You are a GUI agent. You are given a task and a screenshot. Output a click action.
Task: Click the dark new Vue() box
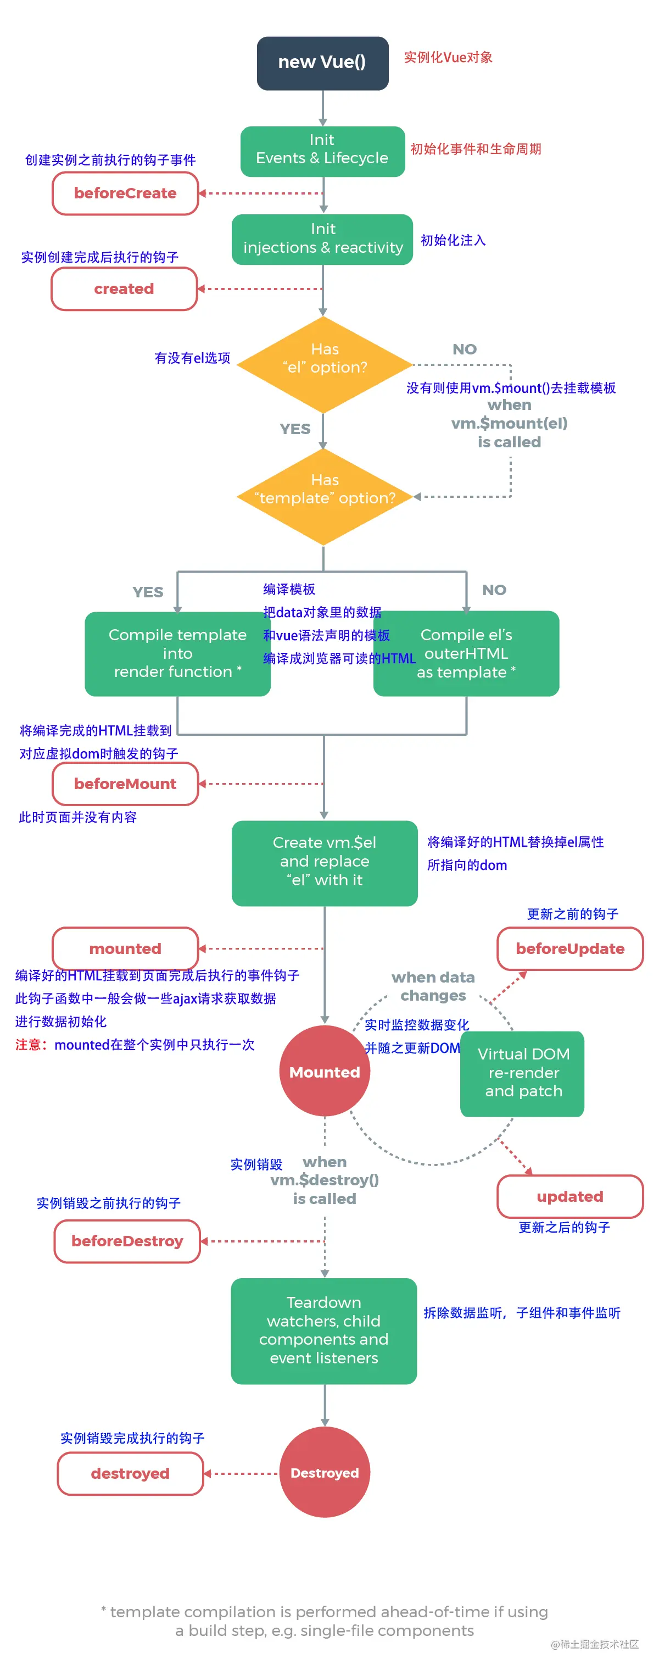[322, 63]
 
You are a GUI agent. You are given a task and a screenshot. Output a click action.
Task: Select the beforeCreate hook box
[125, 193]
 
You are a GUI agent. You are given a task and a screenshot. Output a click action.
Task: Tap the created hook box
[124, 288]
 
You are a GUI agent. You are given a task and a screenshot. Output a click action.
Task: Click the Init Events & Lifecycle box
[322, 151]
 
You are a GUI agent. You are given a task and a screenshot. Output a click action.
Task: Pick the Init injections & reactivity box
[322, 238]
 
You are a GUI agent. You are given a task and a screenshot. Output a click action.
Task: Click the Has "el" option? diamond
[324, 364]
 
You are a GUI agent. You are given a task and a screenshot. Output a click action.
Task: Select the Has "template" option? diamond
[324, 496]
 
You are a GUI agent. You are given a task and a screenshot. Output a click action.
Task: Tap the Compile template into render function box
[177, 653]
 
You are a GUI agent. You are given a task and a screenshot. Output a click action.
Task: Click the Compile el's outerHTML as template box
[466, 653]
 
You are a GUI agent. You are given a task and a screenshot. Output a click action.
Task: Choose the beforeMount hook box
[125, 783]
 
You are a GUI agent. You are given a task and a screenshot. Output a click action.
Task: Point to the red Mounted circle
[324, 1071]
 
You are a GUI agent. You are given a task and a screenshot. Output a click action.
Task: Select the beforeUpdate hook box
[569, 948]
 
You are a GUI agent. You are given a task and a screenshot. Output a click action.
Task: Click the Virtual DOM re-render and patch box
[522, 1072]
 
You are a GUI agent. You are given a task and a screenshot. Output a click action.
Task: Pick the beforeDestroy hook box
[127, 1240]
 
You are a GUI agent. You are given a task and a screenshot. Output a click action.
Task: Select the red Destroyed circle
[324, 1472]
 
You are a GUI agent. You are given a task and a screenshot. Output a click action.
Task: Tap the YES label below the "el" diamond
[295, 429]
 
